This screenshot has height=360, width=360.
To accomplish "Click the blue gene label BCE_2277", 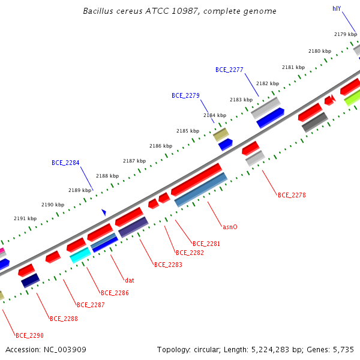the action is pyautogui.click(x=229, y=70).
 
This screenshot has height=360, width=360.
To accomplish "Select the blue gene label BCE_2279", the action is pyautogui.click(x=185, y=95).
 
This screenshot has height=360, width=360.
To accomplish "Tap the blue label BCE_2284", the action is pyautogui.click(x=65, y=163).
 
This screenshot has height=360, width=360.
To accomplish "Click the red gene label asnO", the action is pyautogui.click(x=230, y=227).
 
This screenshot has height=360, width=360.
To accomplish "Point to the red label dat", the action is pyautogui.click(x=130, y=280).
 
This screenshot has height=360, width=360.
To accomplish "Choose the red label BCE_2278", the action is pyautogui.click(x=292, y=195).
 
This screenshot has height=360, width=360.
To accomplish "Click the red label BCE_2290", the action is pyautogui.click(x=29, y=335).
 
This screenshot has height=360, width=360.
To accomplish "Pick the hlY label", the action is pyautogui.click(x=337, y=9).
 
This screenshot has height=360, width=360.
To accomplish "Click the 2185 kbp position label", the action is pyautogui.click(x=188, y=131).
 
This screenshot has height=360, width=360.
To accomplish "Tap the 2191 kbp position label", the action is pyautogui.click(x=25, y=218).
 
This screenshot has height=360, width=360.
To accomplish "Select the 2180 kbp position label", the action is pyautogui.click(x=320, y=51).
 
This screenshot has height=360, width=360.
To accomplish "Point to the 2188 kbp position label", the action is pyautogui.click(x=107, y=176).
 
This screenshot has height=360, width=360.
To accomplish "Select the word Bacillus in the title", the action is pyautogui.click(x=98, y=11).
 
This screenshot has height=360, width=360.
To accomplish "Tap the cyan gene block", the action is pyautogui.click(x=80, y=255).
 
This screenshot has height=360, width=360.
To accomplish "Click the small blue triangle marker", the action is pyautogui.click(x=104, y=212).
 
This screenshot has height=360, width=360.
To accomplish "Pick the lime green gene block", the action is pyautogui.click(x=352, y=98).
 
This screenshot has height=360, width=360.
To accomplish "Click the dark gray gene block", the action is pyautogui.click(x=315, y=122).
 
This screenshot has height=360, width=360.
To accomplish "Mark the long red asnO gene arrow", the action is pyautogui.click(x=197, y=179).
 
